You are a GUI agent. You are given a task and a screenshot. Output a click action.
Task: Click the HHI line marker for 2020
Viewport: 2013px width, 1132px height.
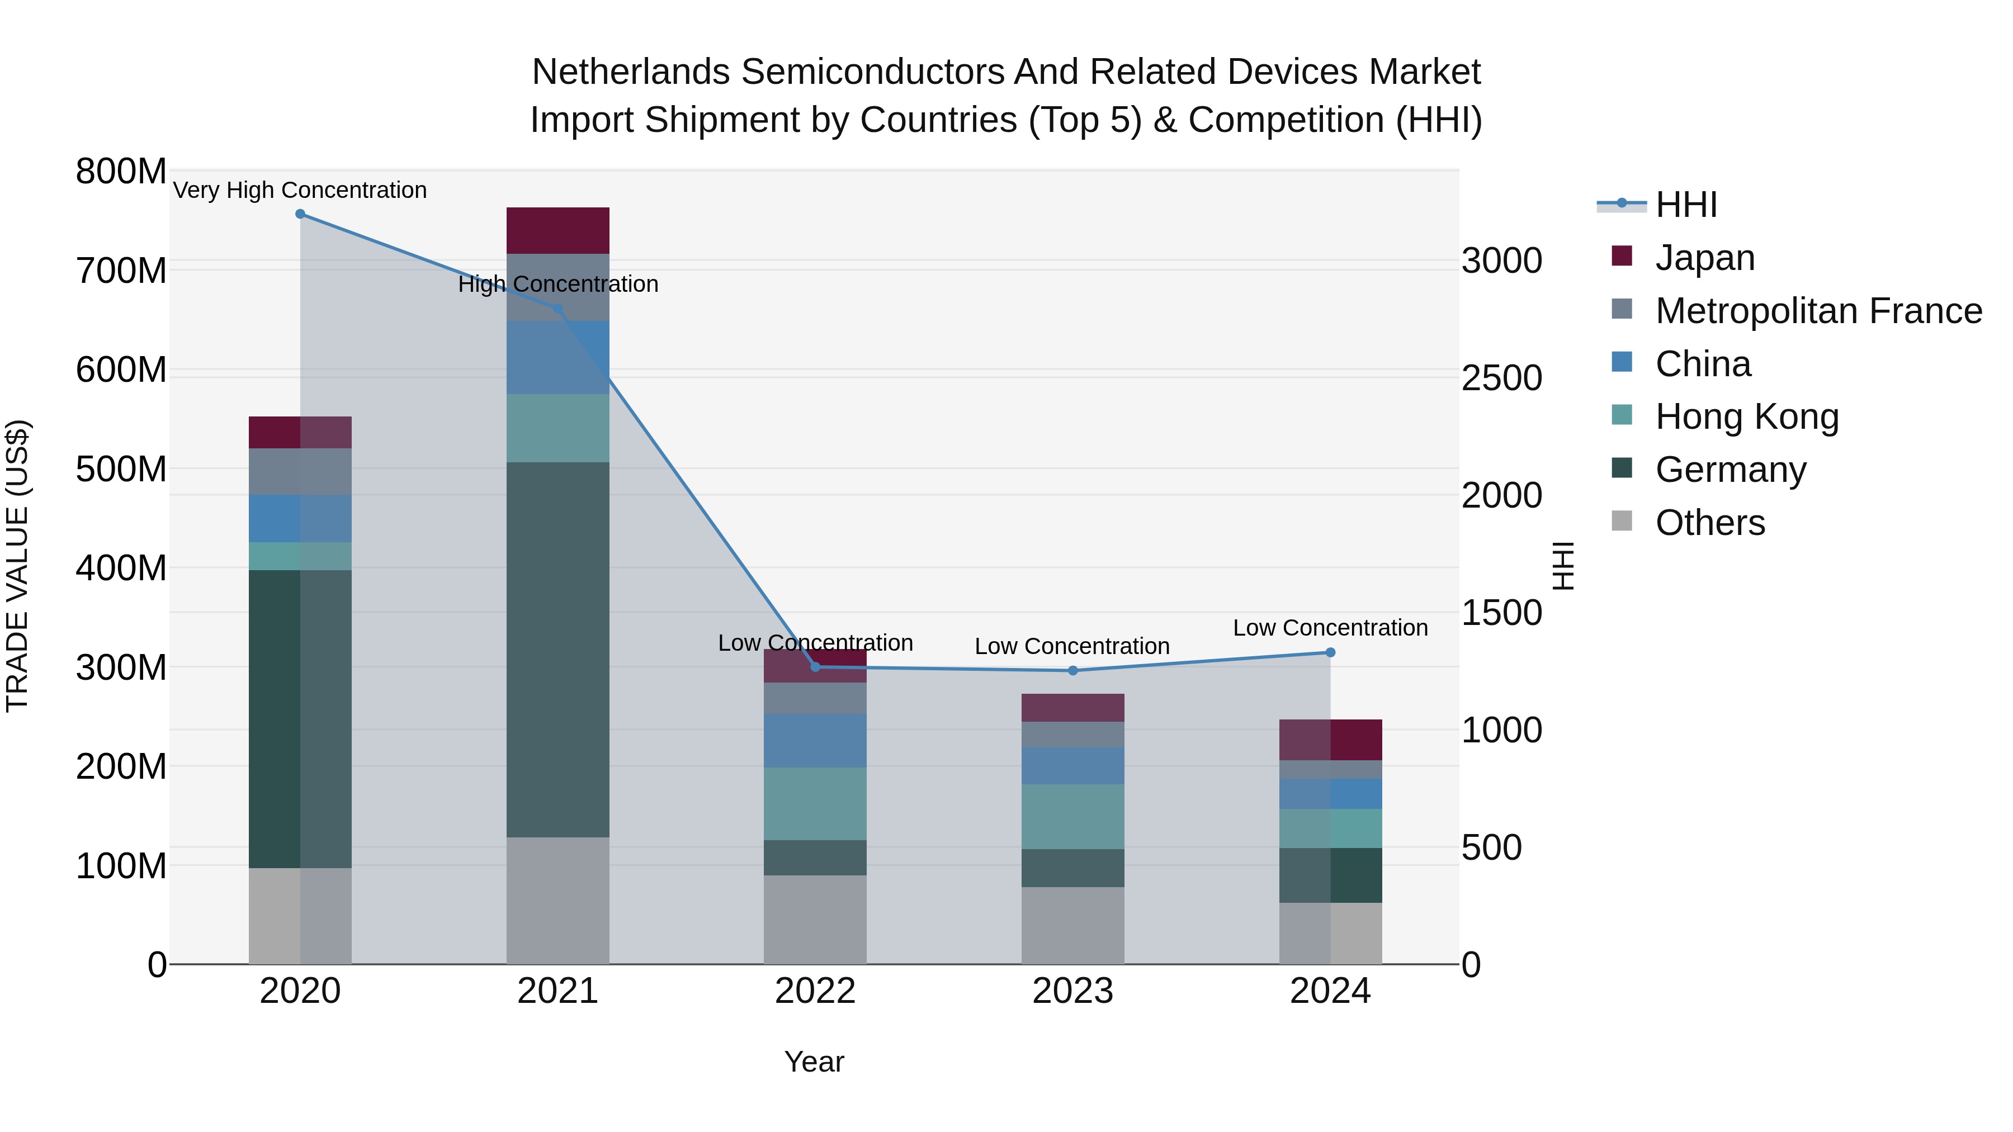pos(300,214)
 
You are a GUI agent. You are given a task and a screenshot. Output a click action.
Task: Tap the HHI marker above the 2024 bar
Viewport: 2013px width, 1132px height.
pos(1331,652)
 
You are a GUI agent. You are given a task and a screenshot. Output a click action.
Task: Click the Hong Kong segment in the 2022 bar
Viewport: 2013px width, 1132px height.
pos(815,803)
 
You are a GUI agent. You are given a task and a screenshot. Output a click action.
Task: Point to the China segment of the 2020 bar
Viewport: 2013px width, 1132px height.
pos(300,518)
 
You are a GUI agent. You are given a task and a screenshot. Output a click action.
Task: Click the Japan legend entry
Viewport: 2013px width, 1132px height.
pos(1704,258)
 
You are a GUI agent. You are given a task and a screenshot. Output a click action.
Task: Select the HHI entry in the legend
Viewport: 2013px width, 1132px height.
pos(1685,205)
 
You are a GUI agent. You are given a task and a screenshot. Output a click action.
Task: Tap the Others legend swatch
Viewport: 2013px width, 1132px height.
pos(1622,521)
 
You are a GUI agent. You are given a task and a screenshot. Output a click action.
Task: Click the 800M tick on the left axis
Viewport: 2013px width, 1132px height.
pos(121,171)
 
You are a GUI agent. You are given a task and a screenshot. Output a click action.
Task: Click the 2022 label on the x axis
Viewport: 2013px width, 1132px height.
pos(815,991)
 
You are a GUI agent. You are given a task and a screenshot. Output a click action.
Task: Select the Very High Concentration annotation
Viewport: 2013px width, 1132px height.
pos(300,190)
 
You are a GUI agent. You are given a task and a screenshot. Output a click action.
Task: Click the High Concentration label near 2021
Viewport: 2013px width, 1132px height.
pos(558,283)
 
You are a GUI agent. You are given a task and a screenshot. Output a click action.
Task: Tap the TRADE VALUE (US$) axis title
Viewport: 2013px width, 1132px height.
pos(17,566)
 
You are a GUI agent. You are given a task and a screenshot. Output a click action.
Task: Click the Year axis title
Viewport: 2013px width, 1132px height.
pos(814,1062)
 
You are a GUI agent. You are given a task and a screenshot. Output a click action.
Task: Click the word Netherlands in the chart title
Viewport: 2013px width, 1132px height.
pos(631,72)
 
